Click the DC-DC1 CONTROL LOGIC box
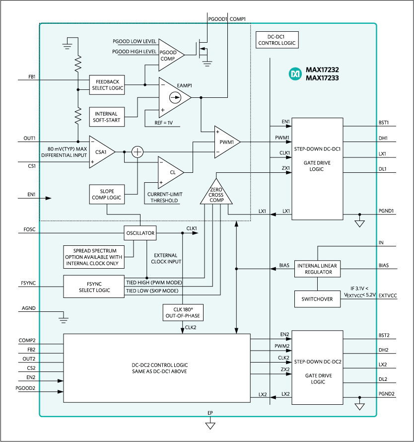pyautogui.click(x=276, y=40)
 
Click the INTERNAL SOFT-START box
pyautogui.click(x=107, y=117)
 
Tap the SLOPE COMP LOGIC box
pyautogui.click(x=106, y=194)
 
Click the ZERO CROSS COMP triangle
pyautogui.click(x=216, y=194)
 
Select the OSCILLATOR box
pyautogui.click(x=140, y=232)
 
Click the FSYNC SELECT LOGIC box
pyautogui.click(x=93, y=287)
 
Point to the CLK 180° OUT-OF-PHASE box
pyautogui.click(x=183, y=313)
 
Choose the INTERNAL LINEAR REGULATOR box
pyautogui.click(x=317, y=269)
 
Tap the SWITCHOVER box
pyautogui.click(x=317, y=299)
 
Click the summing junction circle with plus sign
pyautogui.click(x=137, y=152)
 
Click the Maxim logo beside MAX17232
pyautogui.click(x=295, y=74)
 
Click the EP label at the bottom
pyautogui.click(x=210, y=413)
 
